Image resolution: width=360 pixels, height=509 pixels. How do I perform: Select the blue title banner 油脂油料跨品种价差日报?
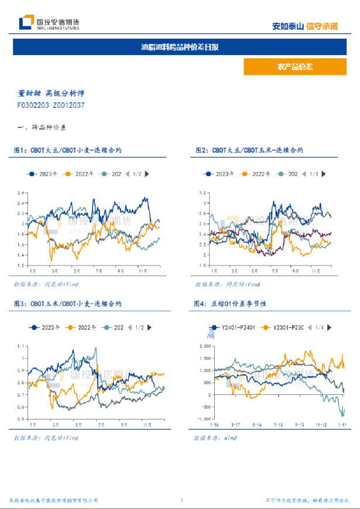click(x=180, y=47)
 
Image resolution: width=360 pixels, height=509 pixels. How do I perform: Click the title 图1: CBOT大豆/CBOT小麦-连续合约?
click(x=67, y=150)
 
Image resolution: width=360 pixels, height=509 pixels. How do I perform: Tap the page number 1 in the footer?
click(x=182, y=501)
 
